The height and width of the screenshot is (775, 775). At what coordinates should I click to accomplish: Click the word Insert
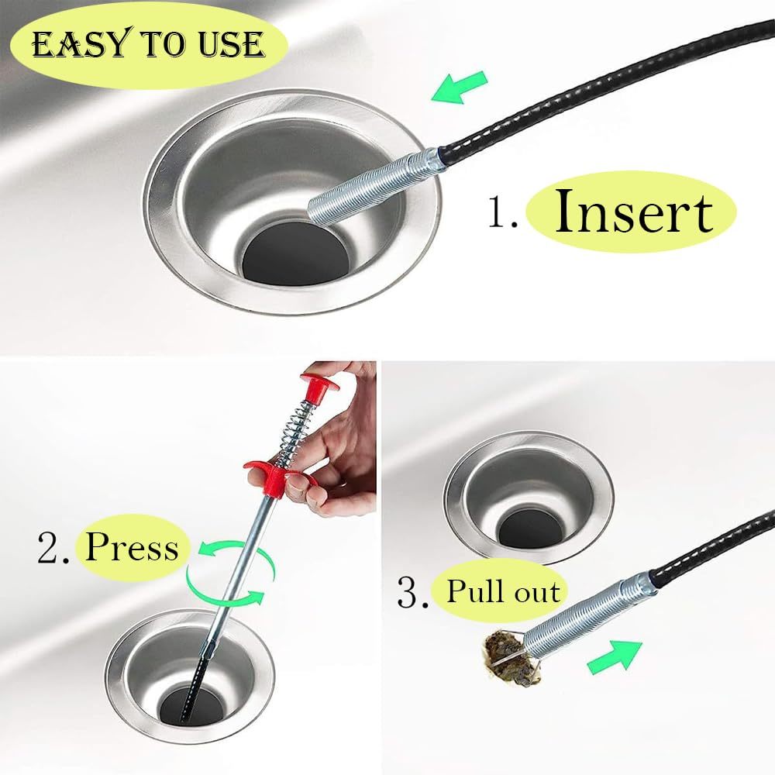tap(634, 211)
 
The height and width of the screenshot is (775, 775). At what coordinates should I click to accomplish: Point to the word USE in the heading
tap(230, 44)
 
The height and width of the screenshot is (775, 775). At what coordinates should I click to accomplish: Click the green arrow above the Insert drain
tap(459, 87)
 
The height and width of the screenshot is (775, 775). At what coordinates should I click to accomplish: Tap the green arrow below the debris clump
tap(615, 656)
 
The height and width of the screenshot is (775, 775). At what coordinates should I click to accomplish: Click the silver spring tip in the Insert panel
tap(374, 186)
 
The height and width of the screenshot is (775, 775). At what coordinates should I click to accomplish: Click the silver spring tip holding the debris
tap(589, 615)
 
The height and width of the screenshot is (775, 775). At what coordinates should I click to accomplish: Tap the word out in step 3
tap(537, 591)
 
